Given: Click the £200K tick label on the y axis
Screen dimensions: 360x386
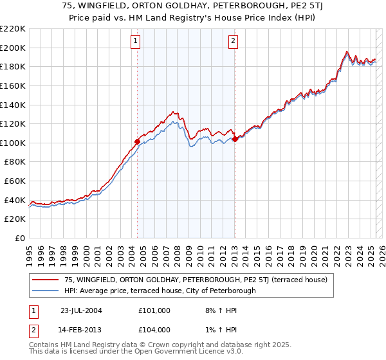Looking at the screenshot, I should point(13,48).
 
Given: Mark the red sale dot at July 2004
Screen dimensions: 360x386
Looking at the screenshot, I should point(137,141).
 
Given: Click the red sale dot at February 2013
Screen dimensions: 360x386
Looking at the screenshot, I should point(235,139).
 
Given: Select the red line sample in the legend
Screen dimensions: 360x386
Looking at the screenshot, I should point(46,280).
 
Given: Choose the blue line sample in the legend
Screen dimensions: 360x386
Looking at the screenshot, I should point(46,291).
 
